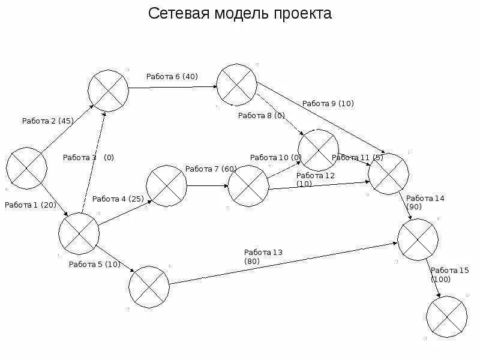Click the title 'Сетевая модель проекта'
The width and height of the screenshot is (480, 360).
coord(239,14)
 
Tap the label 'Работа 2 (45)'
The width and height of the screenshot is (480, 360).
coord(47,121)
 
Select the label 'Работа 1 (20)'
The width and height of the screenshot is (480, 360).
coord(30,205)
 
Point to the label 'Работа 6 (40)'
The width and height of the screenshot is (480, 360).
coord(172,76)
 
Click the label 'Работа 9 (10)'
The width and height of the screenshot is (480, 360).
coord(328,103)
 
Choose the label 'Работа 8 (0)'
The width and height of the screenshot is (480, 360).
coord(261,116)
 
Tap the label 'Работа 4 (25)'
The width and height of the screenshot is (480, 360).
coord(118,199)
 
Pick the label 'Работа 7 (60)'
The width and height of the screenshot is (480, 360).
coord(211,169)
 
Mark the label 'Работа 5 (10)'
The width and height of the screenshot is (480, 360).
coord(94,264)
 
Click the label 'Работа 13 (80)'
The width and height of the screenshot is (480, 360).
coord(263,257)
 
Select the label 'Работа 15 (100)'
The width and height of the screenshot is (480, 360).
coord(449,275)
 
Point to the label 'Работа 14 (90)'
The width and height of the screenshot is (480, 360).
coord(425,202)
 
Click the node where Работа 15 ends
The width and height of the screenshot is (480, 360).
coord(446,316)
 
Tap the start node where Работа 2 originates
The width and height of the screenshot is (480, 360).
coord(27,167)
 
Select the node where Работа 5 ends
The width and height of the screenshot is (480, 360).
coord(149,286)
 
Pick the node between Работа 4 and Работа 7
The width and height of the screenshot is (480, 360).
coord(166,187)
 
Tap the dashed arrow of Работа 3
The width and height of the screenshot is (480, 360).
coord(93,162)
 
